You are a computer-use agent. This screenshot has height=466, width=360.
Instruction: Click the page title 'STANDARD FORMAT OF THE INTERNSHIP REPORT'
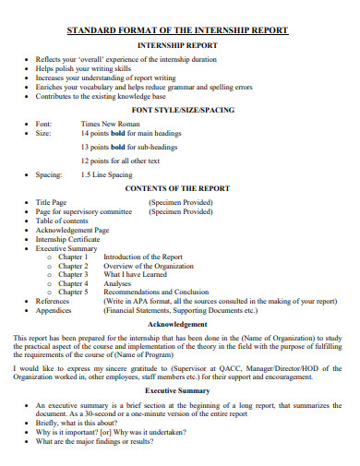179,30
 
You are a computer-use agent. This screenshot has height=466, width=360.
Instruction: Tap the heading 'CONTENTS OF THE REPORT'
178,187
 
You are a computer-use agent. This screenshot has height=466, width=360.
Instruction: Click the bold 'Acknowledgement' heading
179,325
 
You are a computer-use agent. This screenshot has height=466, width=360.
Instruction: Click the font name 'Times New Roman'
110,123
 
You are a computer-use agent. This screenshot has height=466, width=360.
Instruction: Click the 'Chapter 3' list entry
74,274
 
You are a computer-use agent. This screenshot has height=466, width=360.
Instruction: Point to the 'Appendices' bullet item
53,310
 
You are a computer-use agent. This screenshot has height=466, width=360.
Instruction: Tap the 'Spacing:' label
49,174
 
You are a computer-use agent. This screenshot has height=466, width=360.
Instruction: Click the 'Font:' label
43,123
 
